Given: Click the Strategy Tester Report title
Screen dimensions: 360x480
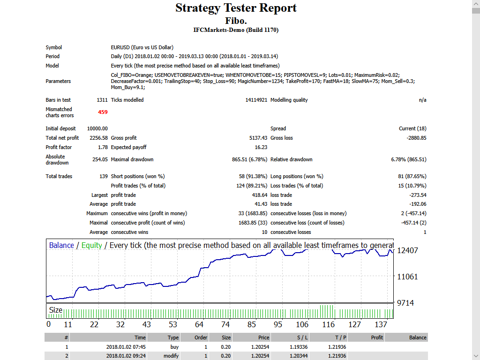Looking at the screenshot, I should (x=236, y=8).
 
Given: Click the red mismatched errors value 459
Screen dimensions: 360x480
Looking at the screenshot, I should (x=103, y=112).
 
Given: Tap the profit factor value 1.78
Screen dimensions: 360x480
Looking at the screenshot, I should (x=102, y=147).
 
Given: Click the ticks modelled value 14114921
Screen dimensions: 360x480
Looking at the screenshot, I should (x=256, y=100).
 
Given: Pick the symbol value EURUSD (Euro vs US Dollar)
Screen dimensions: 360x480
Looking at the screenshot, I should (x=142, y=47).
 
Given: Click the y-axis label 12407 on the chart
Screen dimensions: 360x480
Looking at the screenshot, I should (x=407, y=250).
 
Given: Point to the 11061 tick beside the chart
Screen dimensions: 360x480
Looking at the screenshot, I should (x=407, y=277).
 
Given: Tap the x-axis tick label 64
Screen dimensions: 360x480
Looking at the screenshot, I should (x=199, y=324).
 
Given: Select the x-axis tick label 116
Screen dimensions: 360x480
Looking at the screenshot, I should (x=329, y=324).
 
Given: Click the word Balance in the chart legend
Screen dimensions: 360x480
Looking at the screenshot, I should (x=61, y=245).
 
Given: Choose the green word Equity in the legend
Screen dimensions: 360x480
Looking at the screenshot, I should (x=91, y=245).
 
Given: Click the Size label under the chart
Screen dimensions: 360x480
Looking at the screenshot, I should (x=55, y=310).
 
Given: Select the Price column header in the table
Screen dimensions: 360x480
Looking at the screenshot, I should (x=263, y=337).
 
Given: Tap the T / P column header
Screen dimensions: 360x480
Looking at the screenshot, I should (x=341, y=337).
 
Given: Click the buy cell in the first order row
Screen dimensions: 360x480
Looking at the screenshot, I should (x=174, y=347).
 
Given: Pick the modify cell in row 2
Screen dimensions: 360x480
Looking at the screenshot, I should (x=171, y=356).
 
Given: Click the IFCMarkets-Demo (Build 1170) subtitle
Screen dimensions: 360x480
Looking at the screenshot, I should (x=236, y=30).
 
